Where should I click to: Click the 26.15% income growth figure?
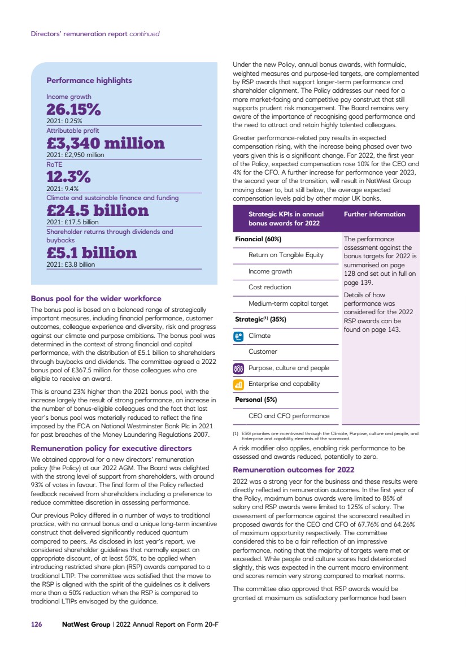pos(73,109)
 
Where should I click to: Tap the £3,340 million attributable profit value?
pos(106,143)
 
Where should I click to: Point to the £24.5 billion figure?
pos(98,211)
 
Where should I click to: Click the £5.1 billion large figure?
pos(92,252)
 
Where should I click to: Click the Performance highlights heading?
pos(89,80)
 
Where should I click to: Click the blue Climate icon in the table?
pos(238,336)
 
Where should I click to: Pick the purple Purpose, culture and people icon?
pos(238,368)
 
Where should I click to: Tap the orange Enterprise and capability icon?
pos(238,384)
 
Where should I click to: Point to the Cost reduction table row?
pos(270,287)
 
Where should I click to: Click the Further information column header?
pos(374,214)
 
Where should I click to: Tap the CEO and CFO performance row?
pos(289,416)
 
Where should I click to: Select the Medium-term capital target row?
pos(288,303)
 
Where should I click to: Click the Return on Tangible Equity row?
pos(286,255)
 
